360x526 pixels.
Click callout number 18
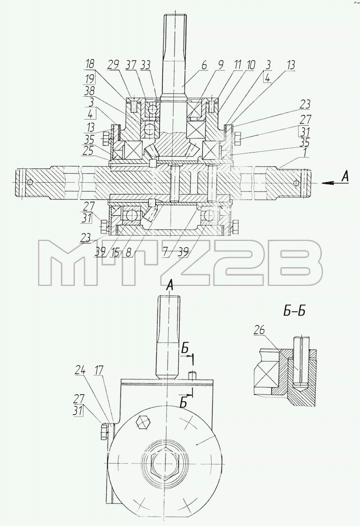[x=90, y=64]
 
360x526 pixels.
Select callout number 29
[x=114, y=65]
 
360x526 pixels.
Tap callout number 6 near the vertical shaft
[x=204, y=65]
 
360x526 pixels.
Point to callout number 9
[x=221, y=65]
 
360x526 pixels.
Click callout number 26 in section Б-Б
[x=259, y=330]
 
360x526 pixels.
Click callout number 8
[x=128, y=253]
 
